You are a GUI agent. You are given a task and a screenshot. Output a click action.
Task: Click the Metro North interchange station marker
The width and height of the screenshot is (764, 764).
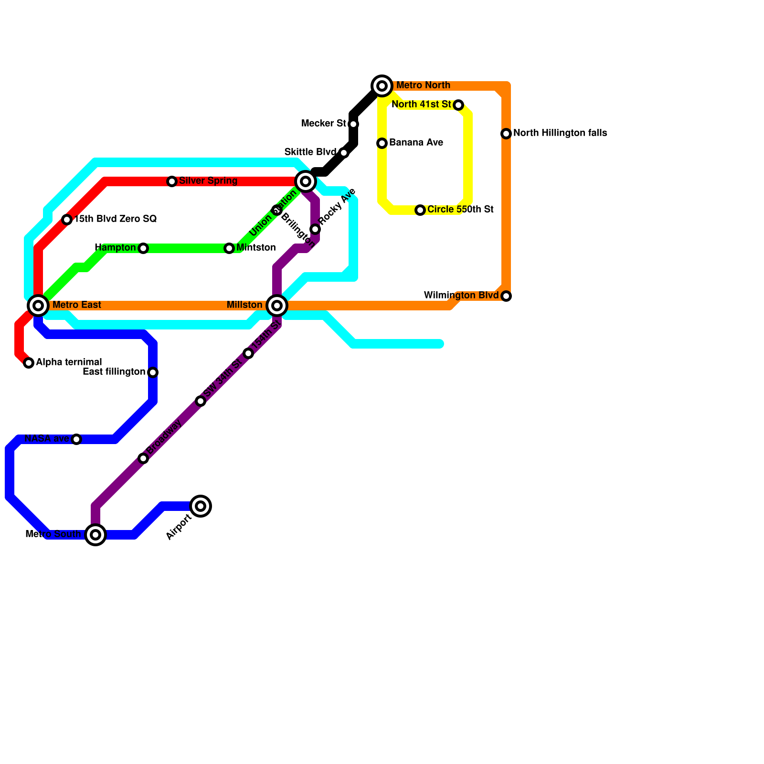[382, 86]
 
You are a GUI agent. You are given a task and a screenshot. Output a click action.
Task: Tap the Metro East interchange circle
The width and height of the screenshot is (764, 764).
[38, 305]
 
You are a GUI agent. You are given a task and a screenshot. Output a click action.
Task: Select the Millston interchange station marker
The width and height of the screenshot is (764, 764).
[277, 305]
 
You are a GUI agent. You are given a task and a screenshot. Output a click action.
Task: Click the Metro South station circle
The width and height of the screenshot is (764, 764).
[95, 534]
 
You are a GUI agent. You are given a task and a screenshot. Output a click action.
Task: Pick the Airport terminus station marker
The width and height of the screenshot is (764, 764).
[201, 506]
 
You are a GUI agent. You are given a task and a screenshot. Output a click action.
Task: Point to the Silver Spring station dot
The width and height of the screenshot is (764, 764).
[172, 181]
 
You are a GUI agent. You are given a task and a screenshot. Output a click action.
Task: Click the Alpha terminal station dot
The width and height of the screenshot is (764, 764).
[29, 363]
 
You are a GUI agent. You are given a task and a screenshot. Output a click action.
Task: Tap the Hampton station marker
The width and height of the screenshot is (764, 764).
[143, 248]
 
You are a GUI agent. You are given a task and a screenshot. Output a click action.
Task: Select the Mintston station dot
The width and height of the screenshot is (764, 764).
[229, 248]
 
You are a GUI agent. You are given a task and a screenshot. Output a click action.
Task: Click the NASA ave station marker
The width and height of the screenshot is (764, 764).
[76, 439]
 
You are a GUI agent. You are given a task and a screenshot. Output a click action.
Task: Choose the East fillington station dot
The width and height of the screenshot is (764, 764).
[153, 372]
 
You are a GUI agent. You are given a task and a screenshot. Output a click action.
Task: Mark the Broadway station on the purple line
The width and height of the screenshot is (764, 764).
[143, 458]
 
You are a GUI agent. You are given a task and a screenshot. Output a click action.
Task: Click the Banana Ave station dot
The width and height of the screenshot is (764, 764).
[382, 143]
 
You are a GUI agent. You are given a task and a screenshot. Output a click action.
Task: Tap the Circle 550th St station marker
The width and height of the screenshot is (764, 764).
[420, 210]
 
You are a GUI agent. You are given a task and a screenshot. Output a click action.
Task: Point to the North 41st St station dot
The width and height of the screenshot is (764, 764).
[458, 105]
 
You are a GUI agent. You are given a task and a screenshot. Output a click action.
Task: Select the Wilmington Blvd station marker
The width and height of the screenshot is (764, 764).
[506, 296]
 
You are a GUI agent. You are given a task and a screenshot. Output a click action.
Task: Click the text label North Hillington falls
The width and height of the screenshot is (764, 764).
[560, 133]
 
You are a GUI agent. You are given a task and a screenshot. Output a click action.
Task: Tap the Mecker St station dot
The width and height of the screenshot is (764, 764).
[353, 124]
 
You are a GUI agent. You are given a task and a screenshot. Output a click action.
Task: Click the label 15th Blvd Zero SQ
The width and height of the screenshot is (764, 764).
[116, 219]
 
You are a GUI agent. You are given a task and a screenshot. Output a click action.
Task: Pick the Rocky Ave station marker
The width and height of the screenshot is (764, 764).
[315, 229]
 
